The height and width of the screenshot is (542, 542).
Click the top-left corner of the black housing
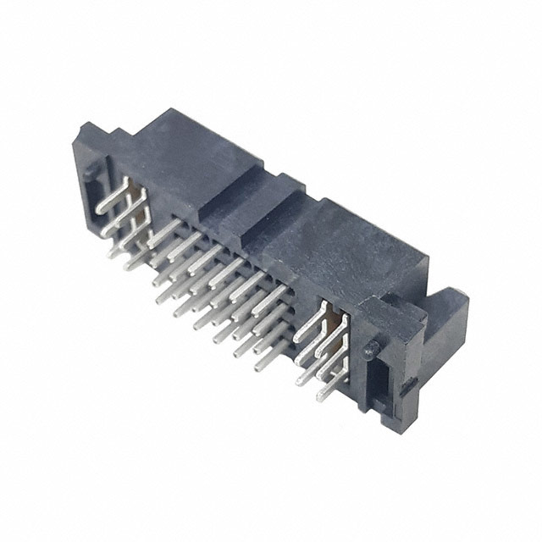point(82,130)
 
